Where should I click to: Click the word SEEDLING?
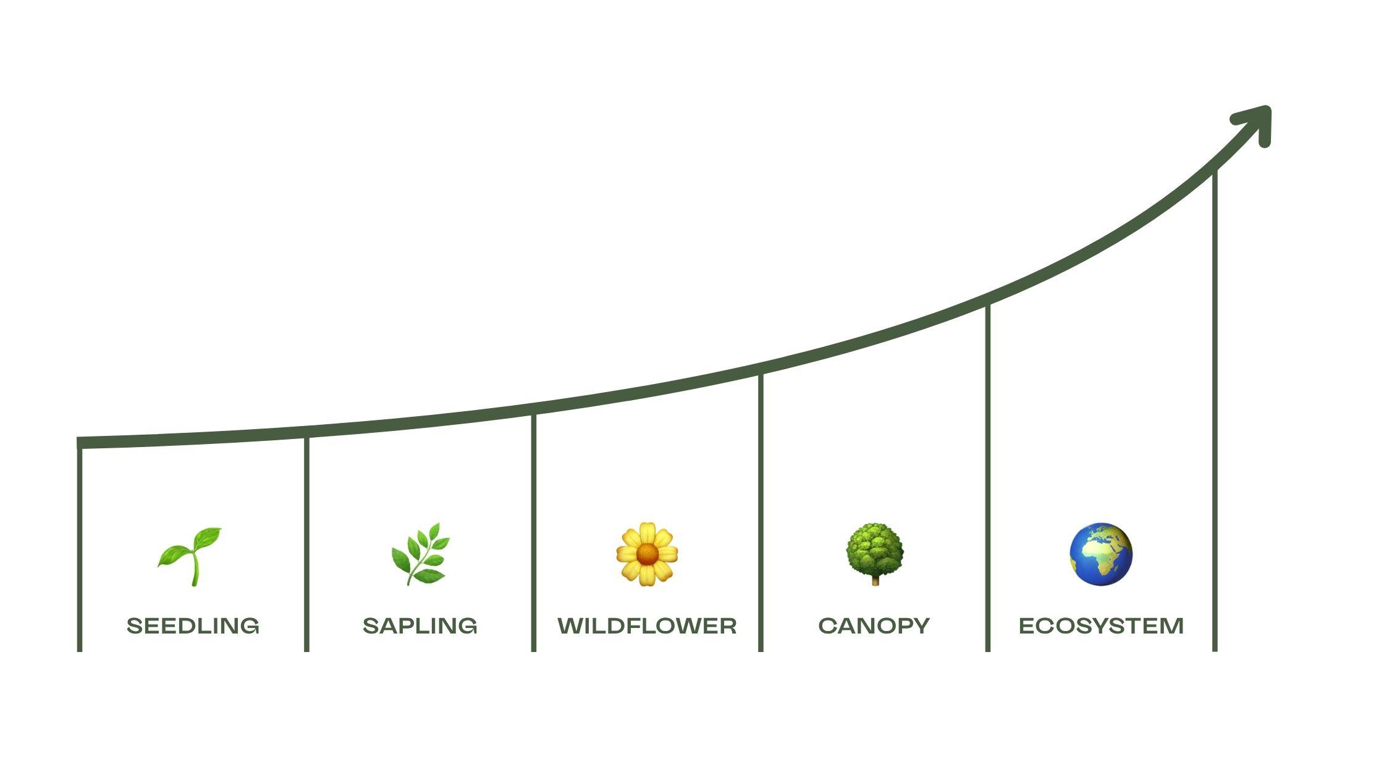[x=193, y=626]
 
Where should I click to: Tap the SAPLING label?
[x=420, y=626]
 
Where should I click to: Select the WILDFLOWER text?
[x=647, y=626]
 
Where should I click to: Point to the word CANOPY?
[x=874, y=626]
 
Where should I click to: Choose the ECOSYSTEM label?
[x=1101, y=626]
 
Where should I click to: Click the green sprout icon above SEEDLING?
[x=191, y=556]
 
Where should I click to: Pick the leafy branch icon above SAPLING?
[x=421, y=554]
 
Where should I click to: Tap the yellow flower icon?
[x=647, y=554]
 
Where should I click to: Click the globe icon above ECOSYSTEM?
[x=1101, y=554]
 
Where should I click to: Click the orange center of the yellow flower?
[x=647, y=554]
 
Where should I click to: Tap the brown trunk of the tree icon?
[x=875, y=580]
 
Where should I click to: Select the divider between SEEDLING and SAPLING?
[x=306, y=543]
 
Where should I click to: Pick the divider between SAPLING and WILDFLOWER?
[x=534, y=531]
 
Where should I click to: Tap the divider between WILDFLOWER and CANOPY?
[x=761, y=512]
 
